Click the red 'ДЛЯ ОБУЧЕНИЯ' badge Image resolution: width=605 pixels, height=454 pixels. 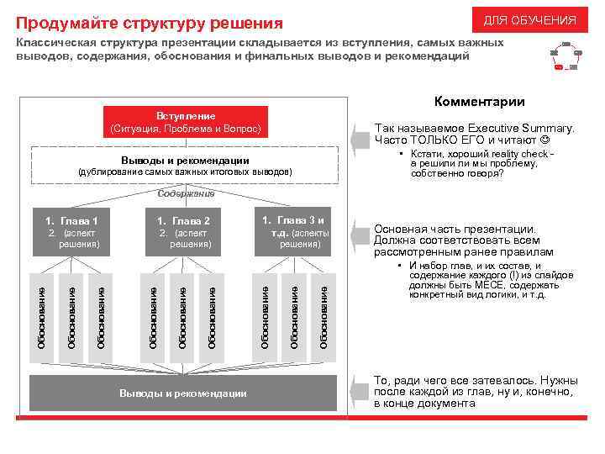(x=529, y=20)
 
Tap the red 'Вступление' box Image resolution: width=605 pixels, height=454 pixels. (x=186, y=123)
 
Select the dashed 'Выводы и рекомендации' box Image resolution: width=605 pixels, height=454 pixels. (x=185, y=165)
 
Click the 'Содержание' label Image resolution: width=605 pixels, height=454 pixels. (x=185, y=194)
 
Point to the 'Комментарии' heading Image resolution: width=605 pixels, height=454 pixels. (x=479, y=103)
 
